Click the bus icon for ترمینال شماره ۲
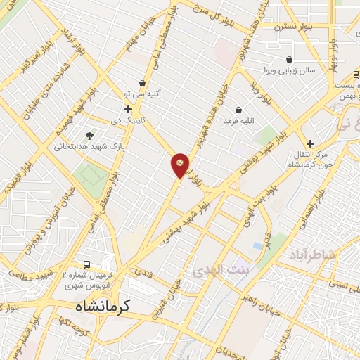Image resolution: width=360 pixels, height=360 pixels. point(86,264)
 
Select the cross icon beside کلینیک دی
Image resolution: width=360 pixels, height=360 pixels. point(128,110)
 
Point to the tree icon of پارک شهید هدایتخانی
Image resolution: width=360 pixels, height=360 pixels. point(89,135)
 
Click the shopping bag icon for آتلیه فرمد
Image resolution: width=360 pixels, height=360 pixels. point(238,110)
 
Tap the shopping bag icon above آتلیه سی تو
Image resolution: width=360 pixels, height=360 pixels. point(143,83)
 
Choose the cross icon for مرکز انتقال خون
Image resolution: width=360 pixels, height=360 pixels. point(310,143)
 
